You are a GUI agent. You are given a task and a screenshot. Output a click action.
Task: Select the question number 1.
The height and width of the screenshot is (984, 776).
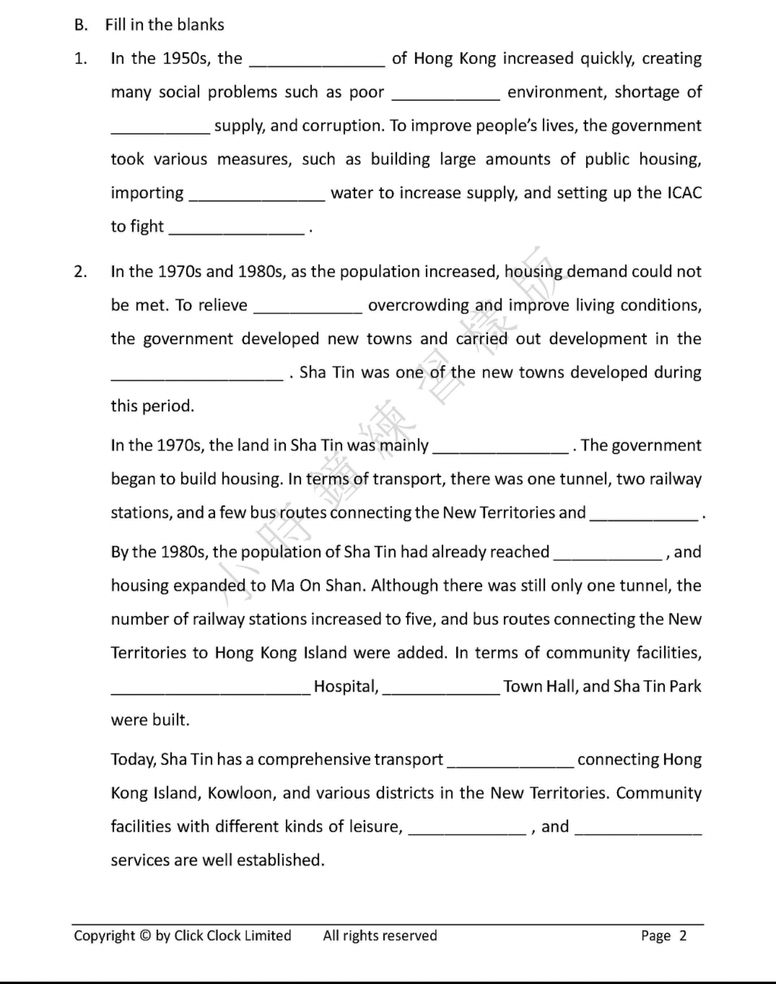pos(80,58)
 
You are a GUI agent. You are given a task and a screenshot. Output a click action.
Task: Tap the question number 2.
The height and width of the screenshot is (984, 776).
pos(80,272)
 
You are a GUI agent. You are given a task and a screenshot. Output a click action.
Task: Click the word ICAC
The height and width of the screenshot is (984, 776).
pos(684,193)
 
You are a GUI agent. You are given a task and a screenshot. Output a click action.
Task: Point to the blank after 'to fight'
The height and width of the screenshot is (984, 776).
pos(237,229)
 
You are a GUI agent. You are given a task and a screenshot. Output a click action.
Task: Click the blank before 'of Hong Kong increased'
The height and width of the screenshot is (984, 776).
pos(317,62)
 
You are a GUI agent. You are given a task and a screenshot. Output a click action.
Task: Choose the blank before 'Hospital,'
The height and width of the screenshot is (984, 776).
pos(210,689)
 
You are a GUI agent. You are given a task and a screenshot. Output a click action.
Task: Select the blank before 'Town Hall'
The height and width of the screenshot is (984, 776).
pos(441,689)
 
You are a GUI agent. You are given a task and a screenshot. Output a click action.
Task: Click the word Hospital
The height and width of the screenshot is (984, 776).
pos(345,686)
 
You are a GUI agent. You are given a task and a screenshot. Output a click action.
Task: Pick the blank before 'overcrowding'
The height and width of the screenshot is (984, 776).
pos(307,308)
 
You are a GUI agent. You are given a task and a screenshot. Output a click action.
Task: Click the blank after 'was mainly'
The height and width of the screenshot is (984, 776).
pos(500,448)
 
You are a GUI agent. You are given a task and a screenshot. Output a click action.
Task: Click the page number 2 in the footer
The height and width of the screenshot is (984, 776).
pos(683,936)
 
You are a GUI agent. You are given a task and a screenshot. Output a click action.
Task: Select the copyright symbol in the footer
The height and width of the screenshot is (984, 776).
pos(145,936)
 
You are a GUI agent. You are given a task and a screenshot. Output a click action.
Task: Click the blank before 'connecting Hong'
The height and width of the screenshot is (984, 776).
pos(510,762)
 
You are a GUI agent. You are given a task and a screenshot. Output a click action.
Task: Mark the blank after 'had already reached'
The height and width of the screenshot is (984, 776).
pos(608,555)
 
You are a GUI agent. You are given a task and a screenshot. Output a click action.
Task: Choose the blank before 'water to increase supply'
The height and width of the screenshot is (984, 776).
pos(256,196)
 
